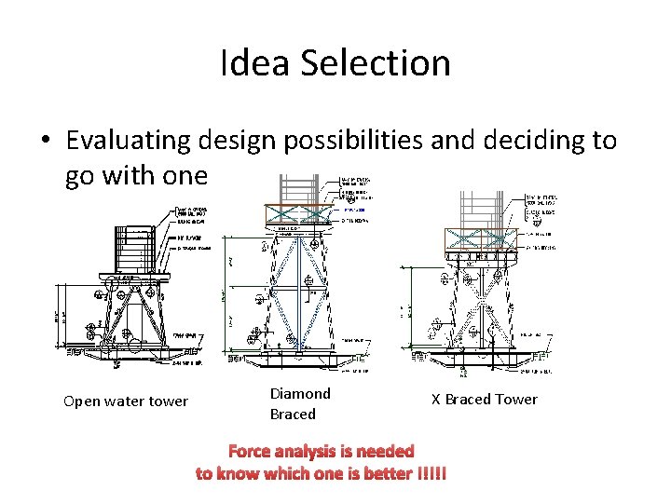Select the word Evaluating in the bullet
click(126, 141)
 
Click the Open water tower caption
click(126, 401)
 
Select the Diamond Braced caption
click(300, 403)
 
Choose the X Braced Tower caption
click(484, 399)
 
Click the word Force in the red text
click(249, 451)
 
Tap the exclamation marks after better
click(430, 473)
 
